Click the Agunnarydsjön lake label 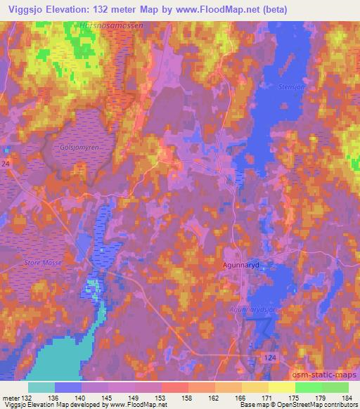pyautogui.click(x=255, y=309)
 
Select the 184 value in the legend pyautogui.click(x=346, y=398)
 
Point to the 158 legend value pyautogui.click(x=167, y=398)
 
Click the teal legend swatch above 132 pyautogui.click(x=41, y=387)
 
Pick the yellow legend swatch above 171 pyautogui.click(x=255, y=387)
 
